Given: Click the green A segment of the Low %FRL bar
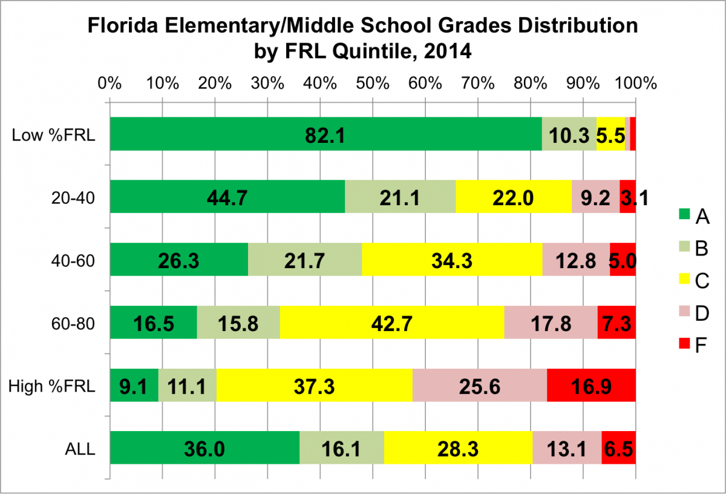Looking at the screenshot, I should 325,134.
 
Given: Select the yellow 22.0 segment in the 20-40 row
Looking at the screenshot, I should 514,197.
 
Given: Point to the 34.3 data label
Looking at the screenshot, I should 452,260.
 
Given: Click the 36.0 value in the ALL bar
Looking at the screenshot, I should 204,449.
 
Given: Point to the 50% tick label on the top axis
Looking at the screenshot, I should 373,84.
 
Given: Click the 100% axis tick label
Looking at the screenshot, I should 635,84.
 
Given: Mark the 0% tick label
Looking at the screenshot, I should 110,84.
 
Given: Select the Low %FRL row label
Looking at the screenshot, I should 54,134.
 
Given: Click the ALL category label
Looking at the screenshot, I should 81,449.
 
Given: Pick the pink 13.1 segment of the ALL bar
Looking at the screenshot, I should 567,449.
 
